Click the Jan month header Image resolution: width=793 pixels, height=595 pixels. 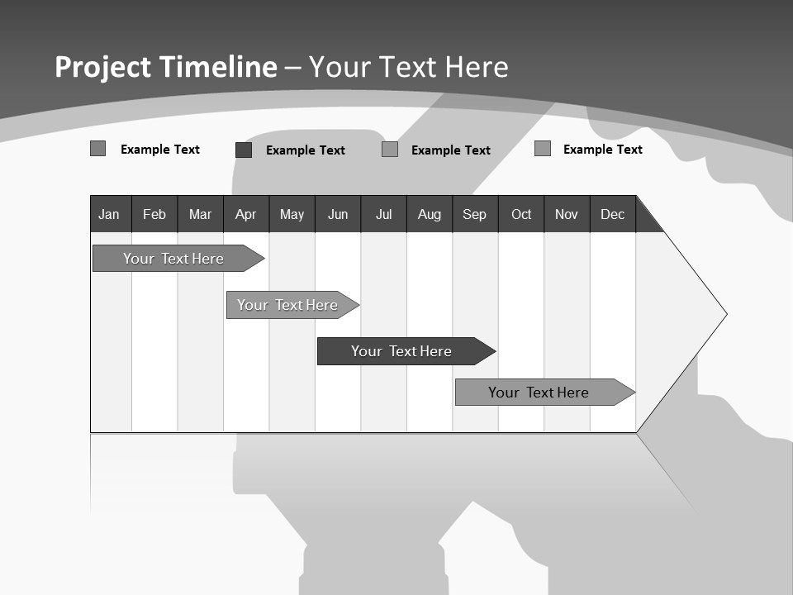coord(109,214)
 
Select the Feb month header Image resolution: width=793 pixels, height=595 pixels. coord(154,214)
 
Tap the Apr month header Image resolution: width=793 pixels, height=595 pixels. coord(245,214)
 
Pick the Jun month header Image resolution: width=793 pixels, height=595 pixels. coord(338,214)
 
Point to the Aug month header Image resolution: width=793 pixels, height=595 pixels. coord(430,214)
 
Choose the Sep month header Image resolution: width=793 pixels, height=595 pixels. coord(474,214)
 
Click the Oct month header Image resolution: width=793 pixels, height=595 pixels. coord(521,214)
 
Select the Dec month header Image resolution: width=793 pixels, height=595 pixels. coord(613,214)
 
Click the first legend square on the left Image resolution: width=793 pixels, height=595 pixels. coord(97,149)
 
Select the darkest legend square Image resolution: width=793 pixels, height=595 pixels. coord(244,150)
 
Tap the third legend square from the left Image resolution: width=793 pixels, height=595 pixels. coord(390,150)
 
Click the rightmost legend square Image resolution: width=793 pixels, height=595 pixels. coord(543,149)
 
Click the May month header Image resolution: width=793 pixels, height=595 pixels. coord(292,214)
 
